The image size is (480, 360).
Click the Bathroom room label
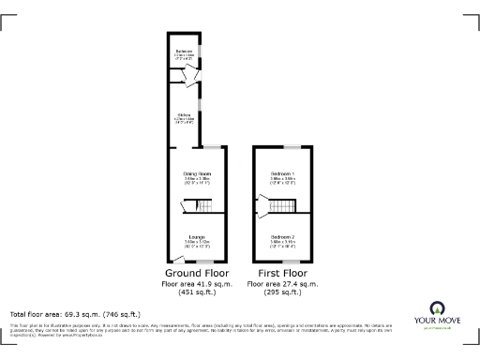click(184, 52)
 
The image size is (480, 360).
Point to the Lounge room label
click(197, 238)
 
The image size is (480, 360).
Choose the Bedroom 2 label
click(282, 238)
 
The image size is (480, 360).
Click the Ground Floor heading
click(197, 273)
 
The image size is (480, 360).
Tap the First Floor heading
click(282, 273)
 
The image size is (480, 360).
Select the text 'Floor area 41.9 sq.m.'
click(197, 283)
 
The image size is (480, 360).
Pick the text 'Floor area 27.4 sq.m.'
click(282, 283)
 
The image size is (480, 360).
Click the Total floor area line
click(74, 313)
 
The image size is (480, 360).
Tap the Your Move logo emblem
click(438, 307)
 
